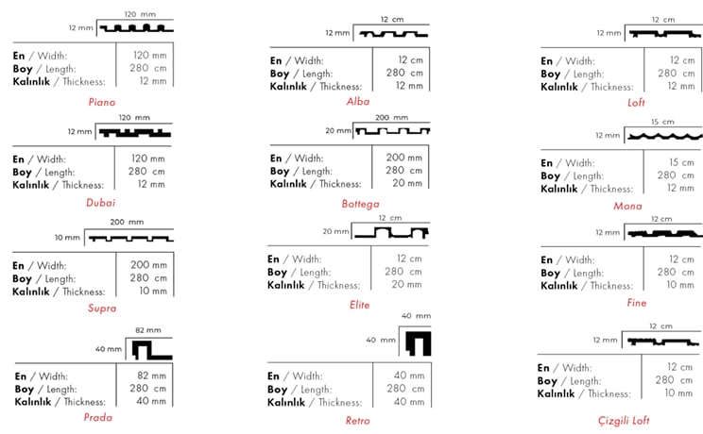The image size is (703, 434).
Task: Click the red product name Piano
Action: (x=102, y=102)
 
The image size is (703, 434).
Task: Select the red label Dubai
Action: (x=100, y=203)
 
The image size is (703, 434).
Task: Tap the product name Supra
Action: (x=102, y=309)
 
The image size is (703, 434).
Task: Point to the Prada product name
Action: (x=97, y=417)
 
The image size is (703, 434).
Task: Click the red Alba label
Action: (x=358, y=102)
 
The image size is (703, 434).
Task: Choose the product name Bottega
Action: (x=360, y=204)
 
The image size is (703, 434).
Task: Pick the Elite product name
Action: (x=359, y=305)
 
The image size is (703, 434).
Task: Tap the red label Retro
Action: (x=357, y=421)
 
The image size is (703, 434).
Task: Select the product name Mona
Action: (x=627, y=206)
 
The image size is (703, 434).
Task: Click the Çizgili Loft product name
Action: (x=624, y=421)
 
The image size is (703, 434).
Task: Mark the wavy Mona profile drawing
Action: (x=665, y=136)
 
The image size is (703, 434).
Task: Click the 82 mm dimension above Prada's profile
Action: (x=148, y=330)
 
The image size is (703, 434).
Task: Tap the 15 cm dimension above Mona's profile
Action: (x=662, y=122)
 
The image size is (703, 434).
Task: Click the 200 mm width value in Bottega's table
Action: (x=404, y=158)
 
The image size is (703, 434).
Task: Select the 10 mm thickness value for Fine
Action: (x=680, y=285)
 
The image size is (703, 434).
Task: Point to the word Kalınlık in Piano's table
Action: (x=31, y=81)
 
